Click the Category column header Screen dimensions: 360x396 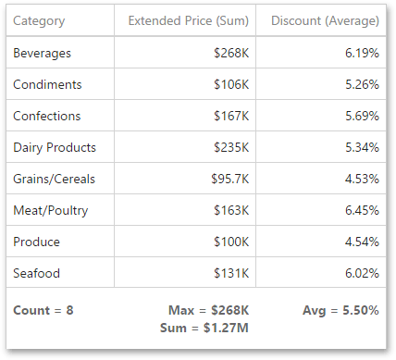pos(39,20)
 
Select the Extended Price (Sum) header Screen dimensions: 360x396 pos(187,20)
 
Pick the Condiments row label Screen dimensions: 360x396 pos(48,85)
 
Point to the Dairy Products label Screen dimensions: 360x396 pos(55,148)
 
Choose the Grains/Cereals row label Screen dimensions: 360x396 pos(55,180)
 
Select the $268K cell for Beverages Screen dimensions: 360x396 pos(230,54)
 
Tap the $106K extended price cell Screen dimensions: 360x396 pos(230,85)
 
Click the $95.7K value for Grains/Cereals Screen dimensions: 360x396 pos(227,180)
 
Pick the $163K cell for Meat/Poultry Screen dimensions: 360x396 pos(230,211)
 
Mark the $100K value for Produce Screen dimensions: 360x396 pos(230,242)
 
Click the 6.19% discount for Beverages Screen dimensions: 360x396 pos(359,54)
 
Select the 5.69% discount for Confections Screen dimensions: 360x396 pos(359,117)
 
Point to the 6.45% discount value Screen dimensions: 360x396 pos(359,211)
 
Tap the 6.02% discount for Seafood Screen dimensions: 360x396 pos(359,274)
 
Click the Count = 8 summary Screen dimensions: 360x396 pos(43,310)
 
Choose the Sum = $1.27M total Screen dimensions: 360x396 pos(210,326)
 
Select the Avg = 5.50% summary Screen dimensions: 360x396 pos(340,310)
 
